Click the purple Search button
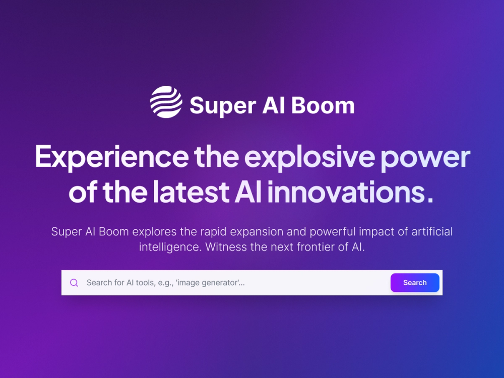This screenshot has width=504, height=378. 415,283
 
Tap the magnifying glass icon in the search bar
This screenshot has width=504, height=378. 74,283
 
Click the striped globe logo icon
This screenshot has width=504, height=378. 166,102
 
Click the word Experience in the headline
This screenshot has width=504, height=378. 110,157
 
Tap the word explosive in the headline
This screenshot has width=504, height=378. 309,157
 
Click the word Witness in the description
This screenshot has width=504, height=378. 225,247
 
